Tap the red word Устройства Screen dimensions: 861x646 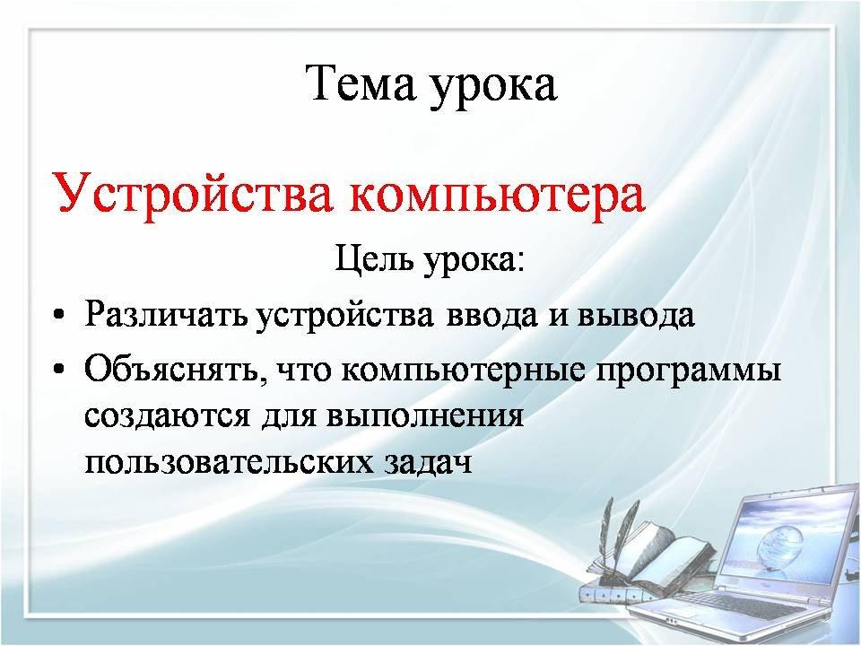pyautogui.click(x=192, y=193)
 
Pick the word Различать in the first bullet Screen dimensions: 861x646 pyautogui.click(x=166, y=315)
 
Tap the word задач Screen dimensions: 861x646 pyautogui.click(x=425, y=463)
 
